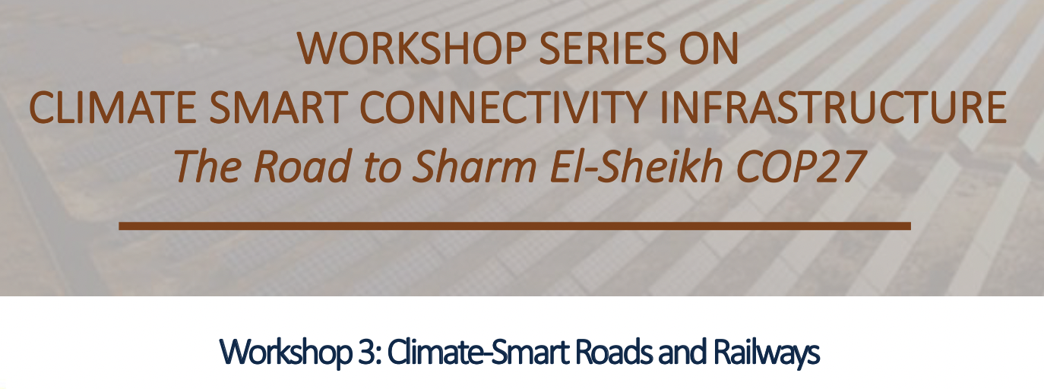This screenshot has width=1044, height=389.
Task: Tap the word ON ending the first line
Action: click(708, 48)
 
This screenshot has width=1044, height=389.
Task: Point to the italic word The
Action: click(208, 166)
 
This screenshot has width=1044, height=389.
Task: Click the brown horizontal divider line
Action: click(514, 226)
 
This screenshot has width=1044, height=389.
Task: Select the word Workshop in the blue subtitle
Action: click(285, 353)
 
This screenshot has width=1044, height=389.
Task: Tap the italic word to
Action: click(382, 168)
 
